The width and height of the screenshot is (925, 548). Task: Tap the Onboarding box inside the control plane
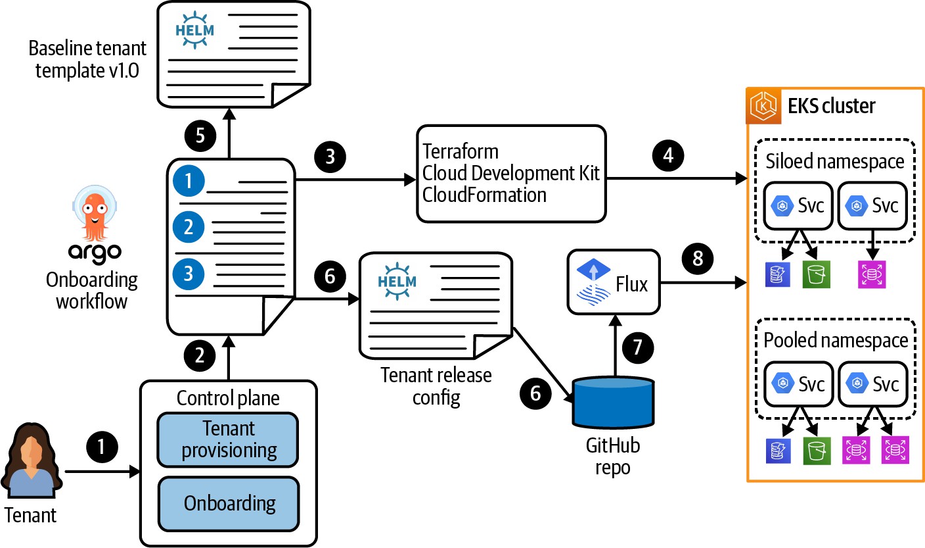click(x=229, y=503)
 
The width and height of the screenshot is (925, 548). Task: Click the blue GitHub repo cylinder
click(x=613, y=401)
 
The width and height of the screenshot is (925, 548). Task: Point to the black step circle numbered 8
click(x=698, y=259)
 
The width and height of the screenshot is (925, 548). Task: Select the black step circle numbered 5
click(x=200, y=136)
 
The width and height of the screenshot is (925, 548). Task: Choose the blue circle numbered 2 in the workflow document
click(x=189, y=228)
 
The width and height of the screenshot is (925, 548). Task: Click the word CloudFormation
click(x=485, y=195)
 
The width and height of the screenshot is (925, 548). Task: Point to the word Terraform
click(x=461, y=151)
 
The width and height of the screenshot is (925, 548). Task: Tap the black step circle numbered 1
click(x=101, y=447)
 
